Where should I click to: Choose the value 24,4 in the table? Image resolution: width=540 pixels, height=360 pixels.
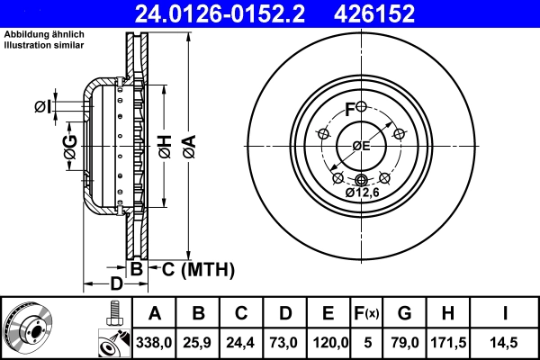click(242, 343)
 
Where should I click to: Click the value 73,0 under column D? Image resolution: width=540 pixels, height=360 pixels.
click(284, 343)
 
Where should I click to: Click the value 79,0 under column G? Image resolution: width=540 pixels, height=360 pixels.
click(404, 343)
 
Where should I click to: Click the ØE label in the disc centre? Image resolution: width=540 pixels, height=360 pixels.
click(361, 146)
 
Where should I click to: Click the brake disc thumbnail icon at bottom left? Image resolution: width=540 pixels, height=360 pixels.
click(27, 328)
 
